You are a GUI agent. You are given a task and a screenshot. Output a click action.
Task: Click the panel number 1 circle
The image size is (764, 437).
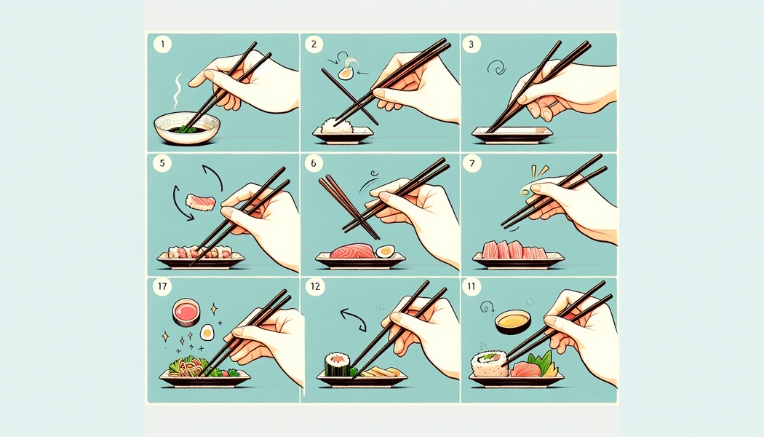(162, 44)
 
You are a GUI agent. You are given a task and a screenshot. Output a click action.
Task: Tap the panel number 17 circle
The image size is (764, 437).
(162, 286)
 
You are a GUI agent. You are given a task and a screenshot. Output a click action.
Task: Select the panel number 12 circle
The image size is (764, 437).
(315, 286)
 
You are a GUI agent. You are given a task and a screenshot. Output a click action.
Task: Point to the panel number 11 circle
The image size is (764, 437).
(471, 286)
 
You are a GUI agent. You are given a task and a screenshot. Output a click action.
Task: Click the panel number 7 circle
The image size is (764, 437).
(471, 163)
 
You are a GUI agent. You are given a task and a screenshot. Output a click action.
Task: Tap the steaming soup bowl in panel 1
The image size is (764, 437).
(187, 128)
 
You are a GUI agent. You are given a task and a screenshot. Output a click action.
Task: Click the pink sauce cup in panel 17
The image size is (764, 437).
(186, 312)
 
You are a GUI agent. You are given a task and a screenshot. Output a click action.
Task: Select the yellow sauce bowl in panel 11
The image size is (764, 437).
(513, 322)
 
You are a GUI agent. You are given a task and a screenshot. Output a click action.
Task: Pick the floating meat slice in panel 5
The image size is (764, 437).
(200, 202)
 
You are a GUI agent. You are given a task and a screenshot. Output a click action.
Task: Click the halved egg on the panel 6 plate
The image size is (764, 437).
(385, 251)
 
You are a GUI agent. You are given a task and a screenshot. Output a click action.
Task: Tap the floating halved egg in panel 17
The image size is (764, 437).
(207, 332)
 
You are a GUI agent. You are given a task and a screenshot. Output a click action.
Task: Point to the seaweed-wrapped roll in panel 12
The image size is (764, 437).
(337, 365)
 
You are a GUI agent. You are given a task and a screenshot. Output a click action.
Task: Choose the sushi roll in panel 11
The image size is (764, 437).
(490, 364)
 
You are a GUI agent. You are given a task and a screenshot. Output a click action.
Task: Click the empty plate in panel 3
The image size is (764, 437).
(512, 135)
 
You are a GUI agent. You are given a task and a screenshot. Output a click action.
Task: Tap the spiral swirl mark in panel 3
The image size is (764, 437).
(496, 67)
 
